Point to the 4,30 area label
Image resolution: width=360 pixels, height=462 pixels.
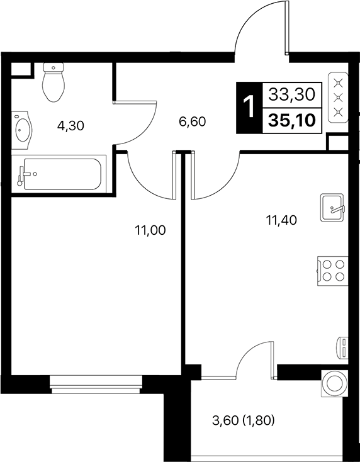click(x=70, y=125)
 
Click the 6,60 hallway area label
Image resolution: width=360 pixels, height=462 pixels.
click(x=192, y=122)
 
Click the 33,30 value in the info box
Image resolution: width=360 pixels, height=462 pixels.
click(x=291, y=94)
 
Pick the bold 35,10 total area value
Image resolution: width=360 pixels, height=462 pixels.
click(x=291, y=120)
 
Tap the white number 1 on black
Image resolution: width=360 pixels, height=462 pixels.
click(x=249, y=108)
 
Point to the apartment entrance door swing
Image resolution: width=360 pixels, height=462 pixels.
click(x=261, y=28)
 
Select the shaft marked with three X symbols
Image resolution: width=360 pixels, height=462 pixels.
click(x=339, y=97)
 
